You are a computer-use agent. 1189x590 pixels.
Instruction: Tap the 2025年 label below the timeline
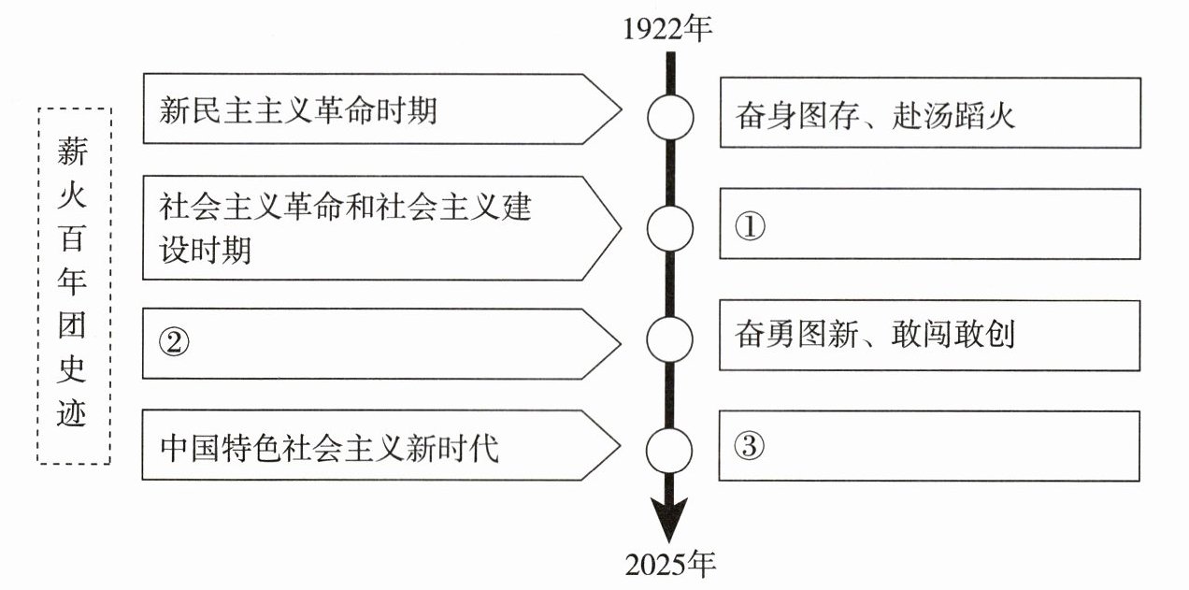669,564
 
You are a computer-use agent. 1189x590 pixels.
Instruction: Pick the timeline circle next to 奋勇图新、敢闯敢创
670,336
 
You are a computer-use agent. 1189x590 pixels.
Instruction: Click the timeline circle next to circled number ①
670,228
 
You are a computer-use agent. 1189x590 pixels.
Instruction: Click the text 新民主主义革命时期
298,112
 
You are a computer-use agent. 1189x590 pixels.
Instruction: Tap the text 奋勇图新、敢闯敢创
875,335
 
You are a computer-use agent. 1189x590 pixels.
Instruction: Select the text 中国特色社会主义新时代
329,448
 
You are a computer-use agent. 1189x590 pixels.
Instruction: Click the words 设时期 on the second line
206,251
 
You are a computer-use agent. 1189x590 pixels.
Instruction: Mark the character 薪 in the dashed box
73,150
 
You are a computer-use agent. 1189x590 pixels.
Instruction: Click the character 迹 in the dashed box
73,412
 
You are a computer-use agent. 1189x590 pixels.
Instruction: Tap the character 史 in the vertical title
73,371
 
